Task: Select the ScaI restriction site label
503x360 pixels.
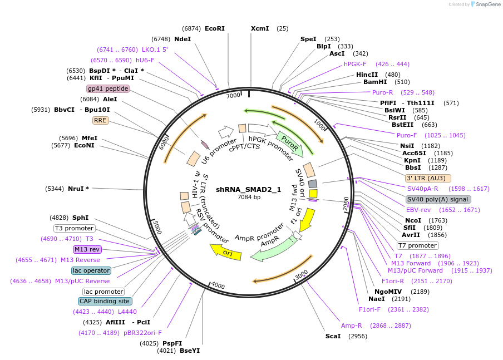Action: click(x=333, y=336)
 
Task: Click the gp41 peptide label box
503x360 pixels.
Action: click(x=108, y=88)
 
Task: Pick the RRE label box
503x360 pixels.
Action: click(x=100, y=120)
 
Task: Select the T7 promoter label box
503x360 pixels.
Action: click(x=417, y=245)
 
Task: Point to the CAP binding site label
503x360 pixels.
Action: click(x=105, y=301)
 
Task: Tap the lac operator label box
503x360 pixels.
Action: click(x=91, y=270)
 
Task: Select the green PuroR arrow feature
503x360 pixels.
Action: click(x=290, y=142)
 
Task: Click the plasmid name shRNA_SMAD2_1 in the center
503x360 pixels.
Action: click(x=249, y=189)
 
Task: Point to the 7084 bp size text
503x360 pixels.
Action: click(x=249, y=197)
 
